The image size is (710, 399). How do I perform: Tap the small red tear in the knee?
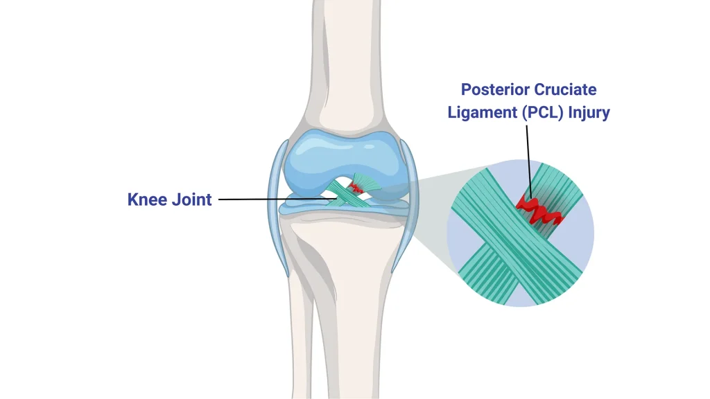(357, 187)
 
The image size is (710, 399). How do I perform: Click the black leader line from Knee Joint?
(270, 199)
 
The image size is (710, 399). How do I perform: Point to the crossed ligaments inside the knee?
(343, 194)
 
